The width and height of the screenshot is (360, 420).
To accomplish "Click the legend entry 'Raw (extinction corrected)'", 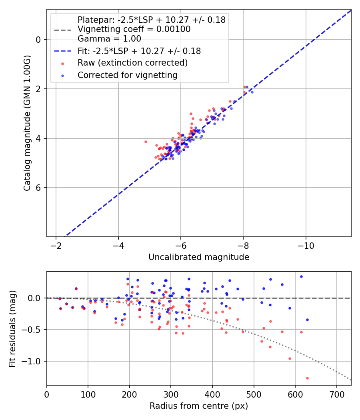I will [132, 63].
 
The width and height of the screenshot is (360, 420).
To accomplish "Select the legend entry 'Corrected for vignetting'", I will [127, 75].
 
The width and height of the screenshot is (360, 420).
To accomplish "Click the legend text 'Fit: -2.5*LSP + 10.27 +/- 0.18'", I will [139, 51].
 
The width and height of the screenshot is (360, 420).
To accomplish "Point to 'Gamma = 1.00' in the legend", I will [109, 39].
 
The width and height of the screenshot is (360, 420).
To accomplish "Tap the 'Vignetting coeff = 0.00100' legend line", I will [134, 29].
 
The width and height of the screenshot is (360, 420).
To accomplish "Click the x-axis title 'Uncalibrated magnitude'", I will [199, 257].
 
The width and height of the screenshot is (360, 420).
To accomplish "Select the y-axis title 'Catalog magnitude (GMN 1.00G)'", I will [27, 123].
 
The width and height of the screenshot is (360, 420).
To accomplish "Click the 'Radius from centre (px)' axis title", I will [199, 406].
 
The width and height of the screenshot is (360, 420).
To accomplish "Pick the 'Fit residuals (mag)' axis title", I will [12, 328].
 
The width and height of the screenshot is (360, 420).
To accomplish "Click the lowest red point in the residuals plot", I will [307, 378].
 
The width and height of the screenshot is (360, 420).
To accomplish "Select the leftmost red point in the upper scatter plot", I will [146, 142].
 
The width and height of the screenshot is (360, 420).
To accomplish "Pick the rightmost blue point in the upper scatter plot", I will [252, 92].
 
